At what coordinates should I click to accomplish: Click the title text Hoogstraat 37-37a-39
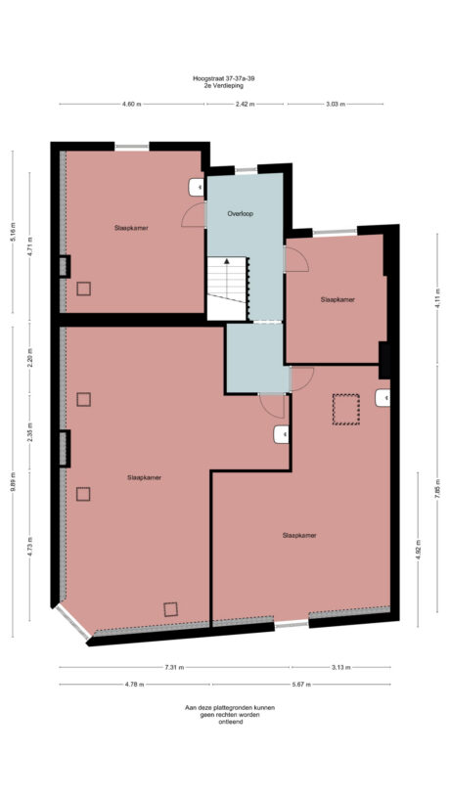[x=225, y=78]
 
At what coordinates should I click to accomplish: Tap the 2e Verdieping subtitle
[x=225, y=86]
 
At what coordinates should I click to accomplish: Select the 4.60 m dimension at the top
[x=131, y=104]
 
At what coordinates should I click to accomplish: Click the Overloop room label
[x=240, y=212]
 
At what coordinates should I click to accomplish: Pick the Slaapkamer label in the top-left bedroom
[x=130, y=227]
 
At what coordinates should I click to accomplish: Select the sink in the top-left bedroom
[x=194, y=185]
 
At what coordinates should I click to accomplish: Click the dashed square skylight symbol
[x=346, y=408]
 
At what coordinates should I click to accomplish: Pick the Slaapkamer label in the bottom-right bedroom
[x=299, y=535]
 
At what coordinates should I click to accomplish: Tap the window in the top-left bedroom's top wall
[x=131, y=147]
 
